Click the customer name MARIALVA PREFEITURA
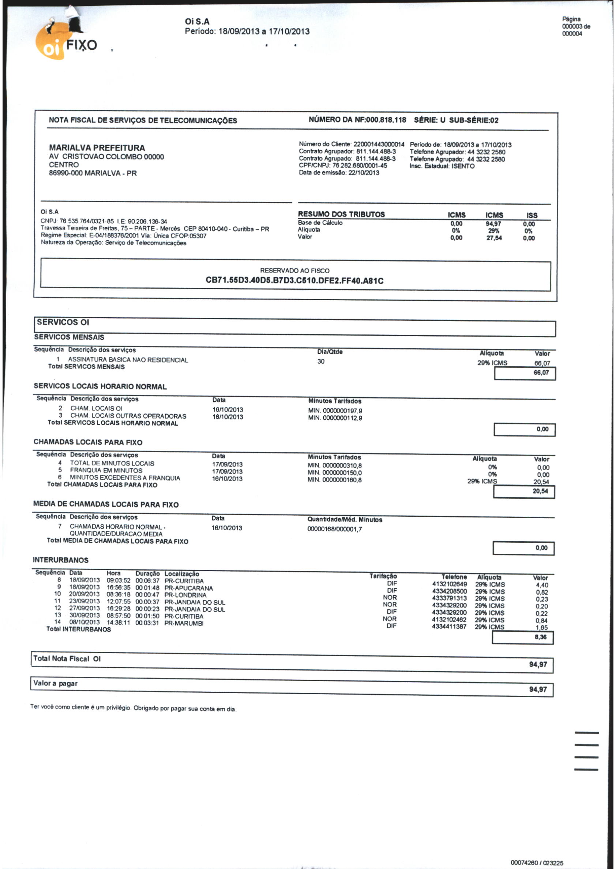pyautogui.click(x=97, y=148)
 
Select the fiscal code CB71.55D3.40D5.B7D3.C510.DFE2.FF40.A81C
pyautogui.click(x=294, y=281)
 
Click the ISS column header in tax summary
pyautogui.click(x=532, y=215)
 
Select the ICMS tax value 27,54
pyautogui.click(x=494, y=238)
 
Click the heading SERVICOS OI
pyautogui.click(x=63, y=322)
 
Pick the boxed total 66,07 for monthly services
pyautogui.click(x=541, y=372)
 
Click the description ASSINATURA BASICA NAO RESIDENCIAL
pyautogui.click(x=128, y=360)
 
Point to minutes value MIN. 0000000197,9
pyautogui.click(x=335, y=411)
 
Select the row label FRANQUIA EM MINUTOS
pyautogui.click(x=106, y=470)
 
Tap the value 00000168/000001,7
pyautogui.click(x=335, y=529)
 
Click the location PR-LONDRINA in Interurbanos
pyautogui.click(x=185, y=595)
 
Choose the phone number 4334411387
pyautogui.click(x=449, y=627)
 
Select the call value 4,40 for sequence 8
pyautogui.click(x=542, y=585)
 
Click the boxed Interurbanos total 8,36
pyautogui.click(x=541, y=637)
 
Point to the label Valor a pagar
pyautogui.click(x=55, y=683)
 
